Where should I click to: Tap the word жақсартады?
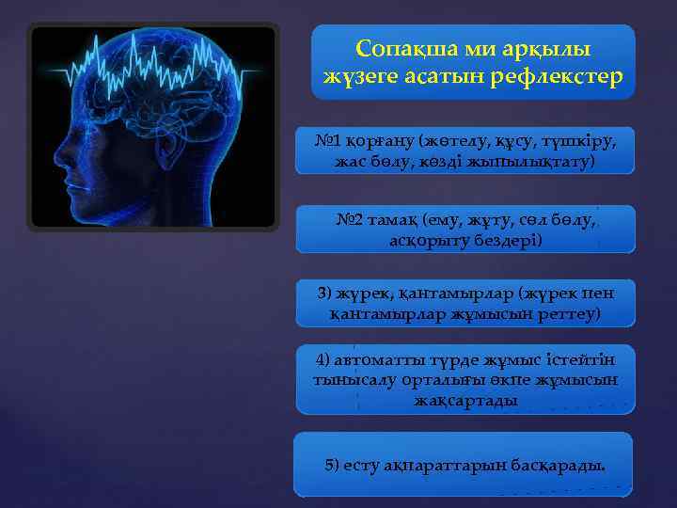tap(465, 400)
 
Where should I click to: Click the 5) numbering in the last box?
tap(332, 465)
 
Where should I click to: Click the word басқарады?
tap(559, 465)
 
